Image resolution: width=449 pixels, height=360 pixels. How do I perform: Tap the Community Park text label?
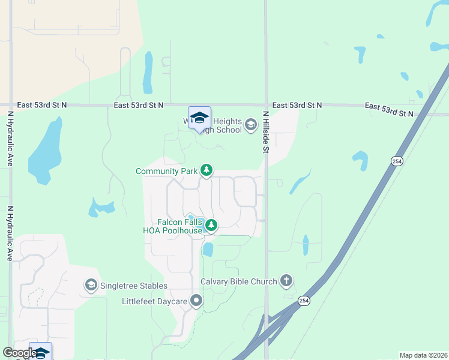point(167,171)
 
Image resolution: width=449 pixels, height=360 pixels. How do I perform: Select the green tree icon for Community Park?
point(206,171)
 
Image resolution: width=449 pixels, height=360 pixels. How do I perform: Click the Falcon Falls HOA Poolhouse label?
point(172,226)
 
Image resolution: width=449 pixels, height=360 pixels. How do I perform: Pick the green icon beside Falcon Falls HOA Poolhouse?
point(211,226)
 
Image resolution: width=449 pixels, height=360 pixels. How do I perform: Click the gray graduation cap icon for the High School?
point(251,125)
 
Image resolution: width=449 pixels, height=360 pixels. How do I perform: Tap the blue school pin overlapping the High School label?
point(199,118)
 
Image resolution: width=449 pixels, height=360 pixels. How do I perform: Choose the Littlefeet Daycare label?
point(155,301)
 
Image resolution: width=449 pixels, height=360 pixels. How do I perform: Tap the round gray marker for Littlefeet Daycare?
point(196,301)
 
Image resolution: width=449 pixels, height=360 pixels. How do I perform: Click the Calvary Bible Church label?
point(238,281)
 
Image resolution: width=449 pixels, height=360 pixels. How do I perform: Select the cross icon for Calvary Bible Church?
point(286,281)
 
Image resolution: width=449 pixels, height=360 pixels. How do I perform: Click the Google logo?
point(20,353)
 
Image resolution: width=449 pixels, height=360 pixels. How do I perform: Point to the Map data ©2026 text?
point(423,355)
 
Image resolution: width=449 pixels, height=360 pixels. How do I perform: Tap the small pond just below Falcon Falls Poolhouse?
point(208,249)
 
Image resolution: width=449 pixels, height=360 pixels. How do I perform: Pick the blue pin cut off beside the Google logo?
point(41,352)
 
